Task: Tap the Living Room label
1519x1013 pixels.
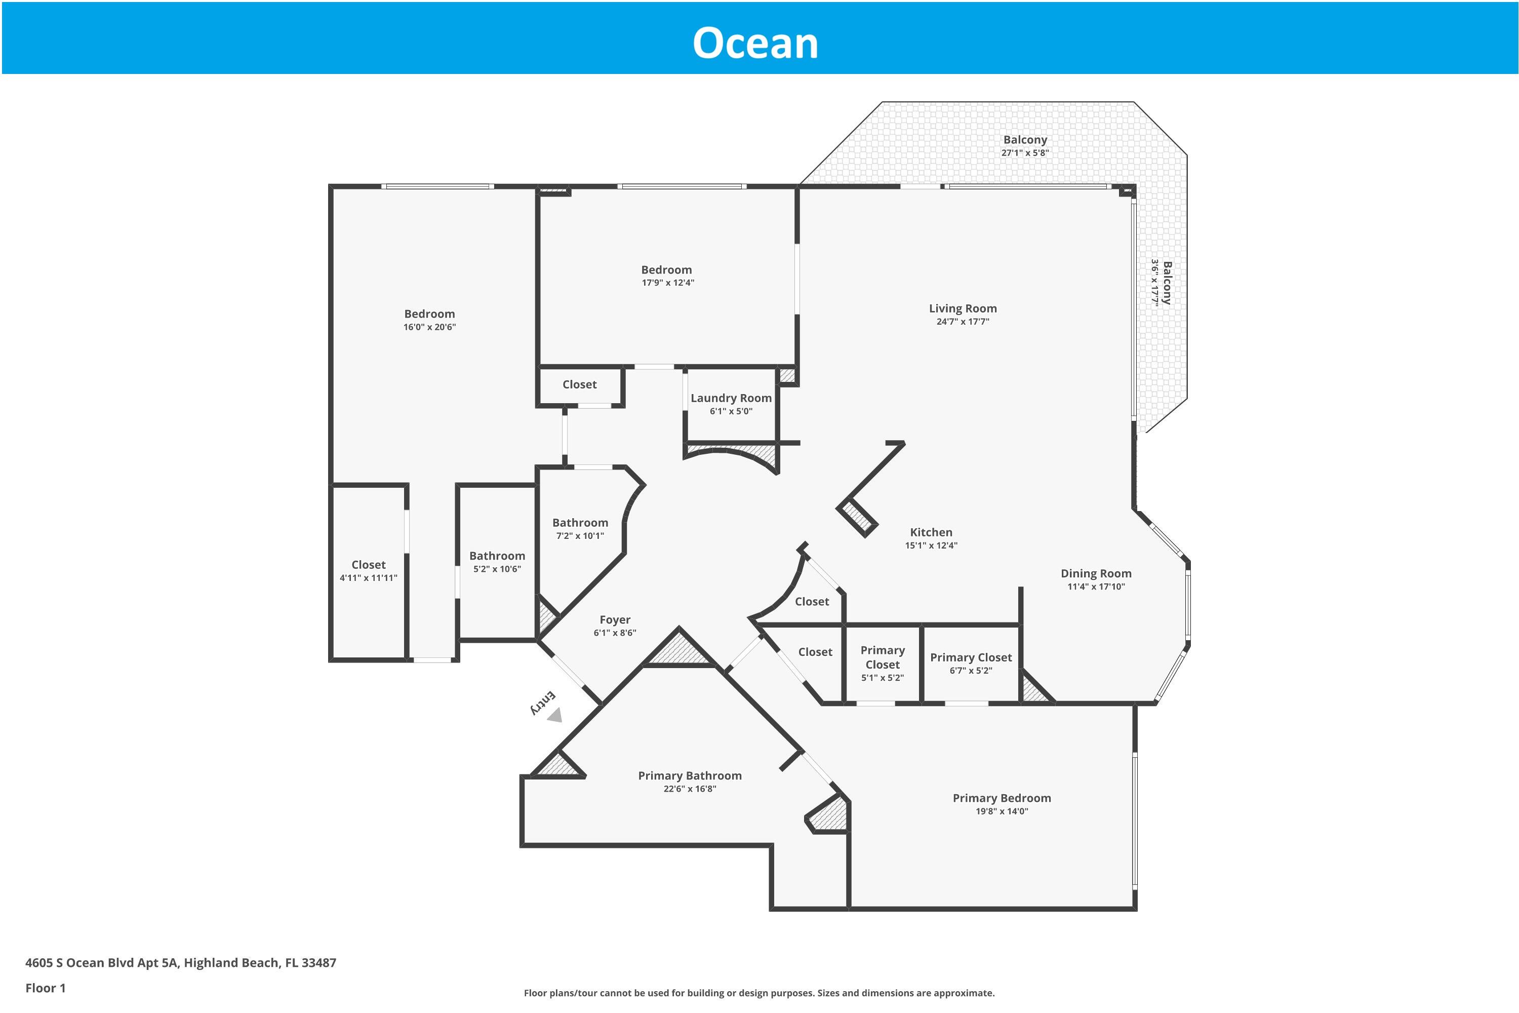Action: point(963,309)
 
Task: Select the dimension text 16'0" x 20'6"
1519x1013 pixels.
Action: point(429,327)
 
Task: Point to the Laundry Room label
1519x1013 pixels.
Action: point(731,398)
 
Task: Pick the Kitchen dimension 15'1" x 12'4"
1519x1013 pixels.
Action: point(931,546)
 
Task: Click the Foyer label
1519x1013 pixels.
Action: point(614,619)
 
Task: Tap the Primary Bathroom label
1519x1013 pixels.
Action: point(689,775)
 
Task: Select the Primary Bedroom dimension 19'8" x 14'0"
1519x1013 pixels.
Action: point(1001,811)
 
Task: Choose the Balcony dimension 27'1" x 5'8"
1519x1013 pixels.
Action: point(1024,153)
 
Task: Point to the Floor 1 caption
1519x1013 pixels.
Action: point(45,988)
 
